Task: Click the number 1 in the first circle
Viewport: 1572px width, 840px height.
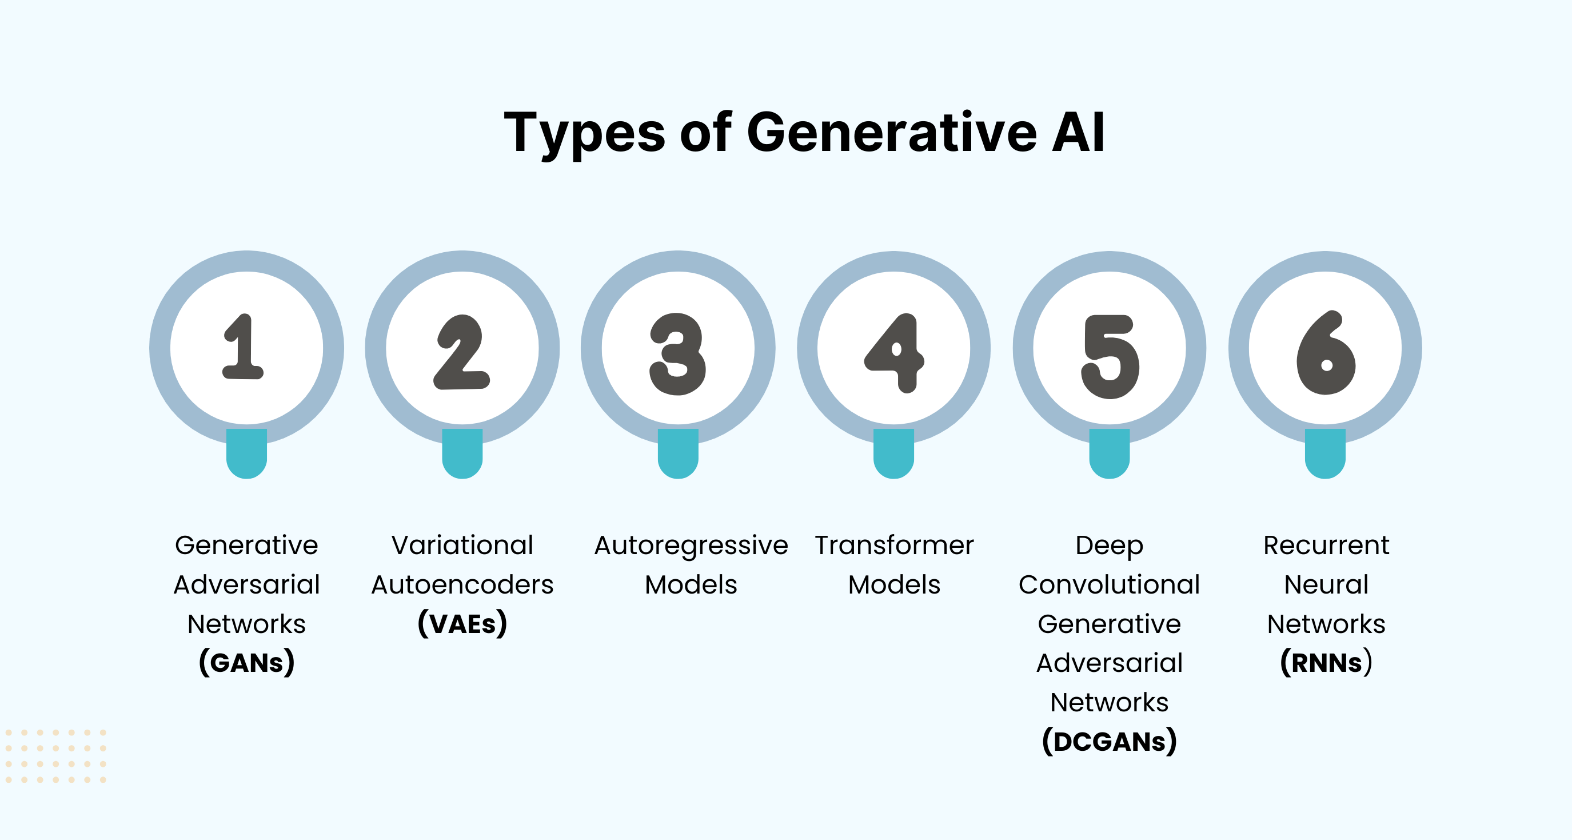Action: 244,347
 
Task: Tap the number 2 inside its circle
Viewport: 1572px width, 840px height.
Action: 461,352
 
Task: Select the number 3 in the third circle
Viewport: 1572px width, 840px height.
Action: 677,353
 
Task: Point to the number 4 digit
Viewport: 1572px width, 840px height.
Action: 895,352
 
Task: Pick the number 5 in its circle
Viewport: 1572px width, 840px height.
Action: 1110,356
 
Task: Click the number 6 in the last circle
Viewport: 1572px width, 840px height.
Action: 1326,353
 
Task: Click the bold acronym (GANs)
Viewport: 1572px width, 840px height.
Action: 246,663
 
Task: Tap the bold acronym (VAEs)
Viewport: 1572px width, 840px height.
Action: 462,623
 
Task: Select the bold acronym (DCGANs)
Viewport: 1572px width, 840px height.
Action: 1110,741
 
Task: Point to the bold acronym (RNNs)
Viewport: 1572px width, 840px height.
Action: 1326,663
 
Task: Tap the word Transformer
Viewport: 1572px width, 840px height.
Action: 895,545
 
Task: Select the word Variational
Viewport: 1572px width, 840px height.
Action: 462,545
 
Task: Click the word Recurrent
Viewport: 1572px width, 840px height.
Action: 1326,545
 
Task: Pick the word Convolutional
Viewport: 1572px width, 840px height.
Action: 1110,584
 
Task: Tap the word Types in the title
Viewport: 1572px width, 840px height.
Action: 585,133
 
